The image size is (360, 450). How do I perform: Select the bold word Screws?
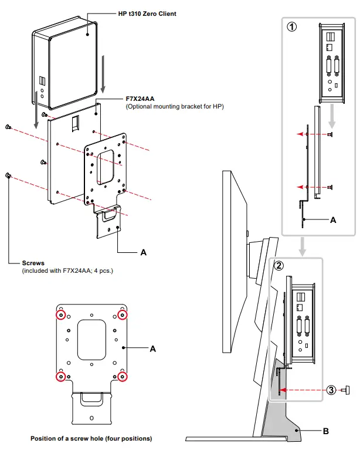(x=34, y=263)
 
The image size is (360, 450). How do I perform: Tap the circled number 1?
(x=291, y=26)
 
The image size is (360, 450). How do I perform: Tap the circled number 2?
(x=280, y=265)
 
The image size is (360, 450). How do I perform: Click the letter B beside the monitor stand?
(x=325, y=431)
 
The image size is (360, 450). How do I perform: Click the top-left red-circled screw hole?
(x=60, y=316)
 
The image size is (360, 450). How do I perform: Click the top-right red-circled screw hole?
(x=123, y=316)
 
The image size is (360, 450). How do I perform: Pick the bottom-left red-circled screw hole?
(x=60, y=375)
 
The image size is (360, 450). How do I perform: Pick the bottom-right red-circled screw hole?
(x=123, y=375)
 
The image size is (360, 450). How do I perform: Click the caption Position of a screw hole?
(x=91, y=438)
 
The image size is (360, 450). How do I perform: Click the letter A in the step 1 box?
(x=333, y=221)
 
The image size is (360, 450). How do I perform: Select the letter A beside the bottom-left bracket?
(x=153, y=349)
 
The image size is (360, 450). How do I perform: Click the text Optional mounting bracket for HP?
(x=175, y=107)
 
